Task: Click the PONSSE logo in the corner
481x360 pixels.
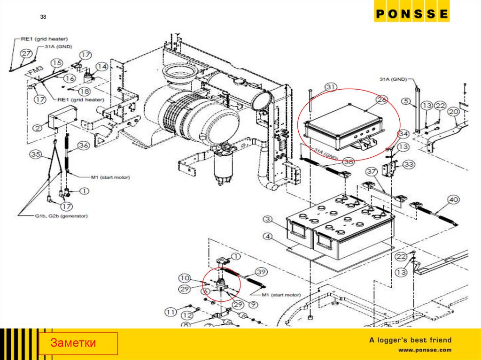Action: [x=411, y=14]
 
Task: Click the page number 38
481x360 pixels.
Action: [x=43, y=17]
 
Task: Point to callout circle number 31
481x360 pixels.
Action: [x=331, y=87]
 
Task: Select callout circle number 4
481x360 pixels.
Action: [x=267, y=237]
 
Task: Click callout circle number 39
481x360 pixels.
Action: [x=261, y=273]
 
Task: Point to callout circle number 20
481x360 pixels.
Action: [x=453, y=112]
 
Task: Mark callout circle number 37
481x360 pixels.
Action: [x=372, y=171]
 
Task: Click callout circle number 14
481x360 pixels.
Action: [x=101, y=66]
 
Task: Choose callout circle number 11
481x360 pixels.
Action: [x=170, y=311]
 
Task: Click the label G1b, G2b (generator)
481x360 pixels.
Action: [x=56, y=216]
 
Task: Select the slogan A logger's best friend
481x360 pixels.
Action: [x=410, y=340]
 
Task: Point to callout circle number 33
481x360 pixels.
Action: [x=408, y=164]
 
